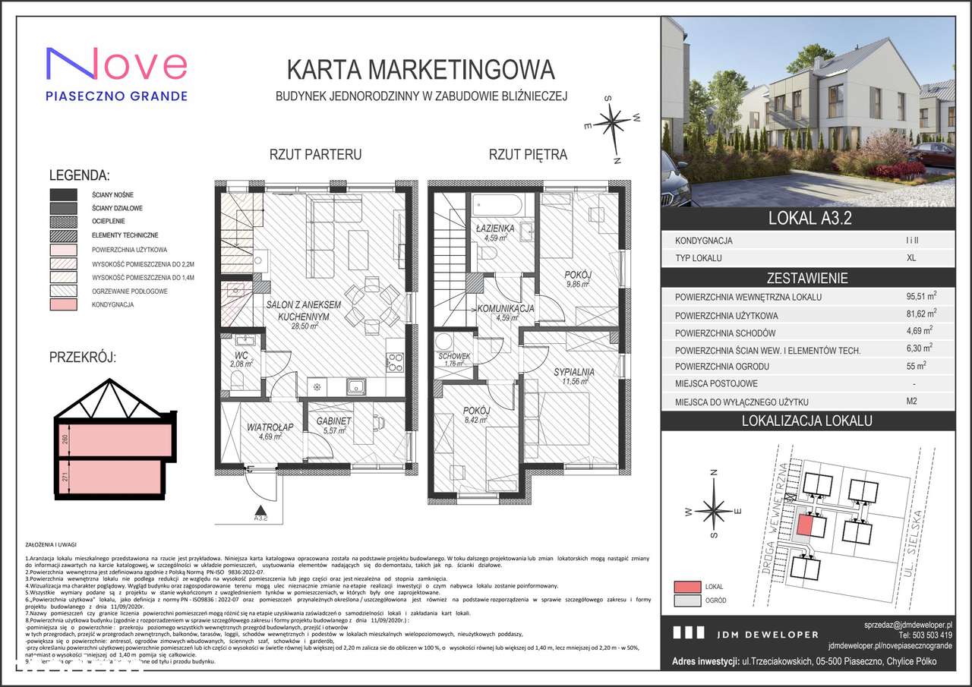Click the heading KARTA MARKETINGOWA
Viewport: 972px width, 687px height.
pyautogui.click(x=421, y=70)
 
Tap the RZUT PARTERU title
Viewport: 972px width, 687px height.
pyautogui.click(x=315, y=155)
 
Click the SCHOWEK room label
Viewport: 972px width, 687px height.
pyautogui.click(x=454, y=356)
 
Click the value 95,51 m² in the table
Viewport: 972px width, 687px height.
pyautogui.click(x=920, y=297)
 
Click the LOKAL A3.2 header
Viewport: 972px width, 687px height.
pyautogui.click(x=807, y=219)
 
